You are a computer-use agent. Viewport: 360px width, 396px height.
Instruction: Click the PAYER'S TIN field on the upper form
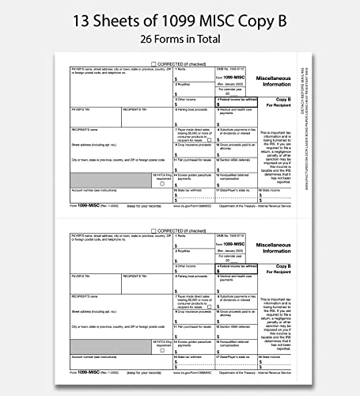[x=96, y=114]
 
